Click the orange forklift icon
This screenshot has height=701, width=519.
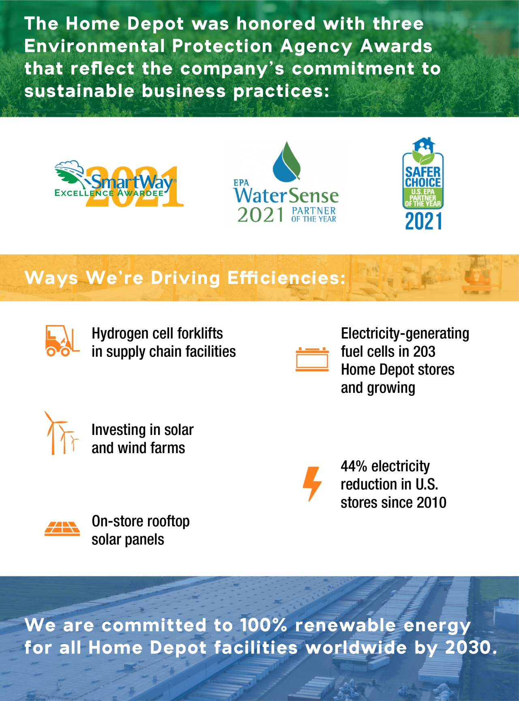[62, 340]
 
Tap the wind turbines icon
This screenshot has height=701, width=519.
[61, 433]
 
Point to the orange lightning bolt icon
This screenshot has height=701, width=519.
[312, 484]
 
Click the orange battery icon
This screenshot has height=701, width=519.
[312, 359]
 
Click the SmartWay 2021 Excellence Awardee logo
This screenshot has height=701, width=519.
[119, 185]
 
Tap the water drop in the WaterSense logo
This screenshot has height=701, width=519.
[287, 161]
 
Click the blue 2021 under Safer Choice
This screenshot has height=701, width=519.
[423, 221]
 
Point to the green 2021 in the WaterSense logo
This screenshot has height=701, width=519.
[261, 215]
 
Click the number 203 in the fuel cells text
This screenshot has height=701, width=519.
[424, 351]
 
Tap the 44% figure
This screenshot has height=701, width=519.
[354, 466]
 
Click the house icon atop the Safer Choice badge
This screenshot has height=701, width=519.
[423, 144]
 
